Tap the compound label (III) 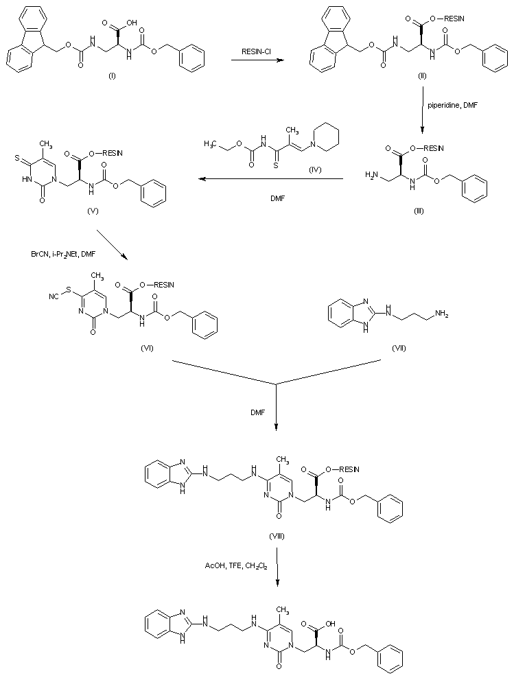[419, 211]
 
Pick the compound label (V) [93, 211]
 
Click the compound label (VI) [146, 348]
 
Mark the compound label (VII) [398, 348]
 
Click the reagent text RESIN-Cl [258, 51]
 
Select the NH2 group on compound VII [442, 314]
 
